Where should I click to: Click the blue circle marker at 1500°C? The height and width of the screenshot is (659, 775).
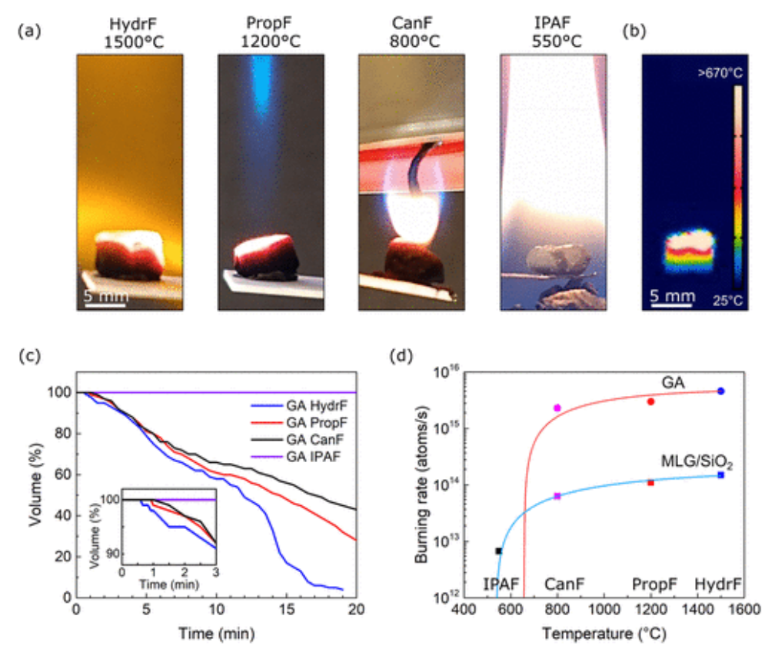[720, 391]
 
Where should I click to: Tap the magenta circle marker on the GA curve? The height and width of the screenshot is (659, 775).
[557, 408]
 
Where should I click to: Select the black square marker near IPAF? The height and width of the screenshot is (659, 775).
[499, 551]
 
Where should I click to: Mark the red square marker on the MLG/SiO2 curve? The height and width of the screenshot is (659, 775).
[650, 482]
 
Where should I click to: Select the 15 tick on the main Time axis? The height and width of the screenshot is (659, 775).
[286, 611]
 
